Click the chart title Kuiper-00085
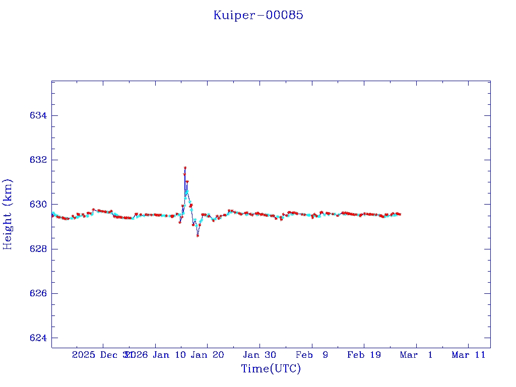point(258,15)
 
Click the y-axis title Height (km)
point(8,214)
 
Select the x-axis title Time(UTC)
point(271,369)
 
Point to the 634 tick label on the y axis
point(38,115)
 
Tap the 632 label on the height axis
point(38,160)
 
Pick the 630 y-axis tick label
point(38,204)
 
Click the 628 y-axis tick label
point(38,249)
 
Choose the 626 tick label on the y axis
point(38,293)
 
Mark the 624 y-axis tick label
point(38,338)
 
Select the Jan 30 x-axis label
point(260,355)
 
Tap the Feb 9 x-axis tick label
point(312,355)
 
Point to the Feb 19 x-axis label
point(364,355)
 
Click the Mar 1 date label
point(416,355)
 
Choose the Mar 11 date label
point(468,355)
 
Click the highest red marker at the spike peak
point(185,168)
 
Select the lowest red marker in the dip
point(198,235)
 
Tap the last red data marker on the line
point(400,214)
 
